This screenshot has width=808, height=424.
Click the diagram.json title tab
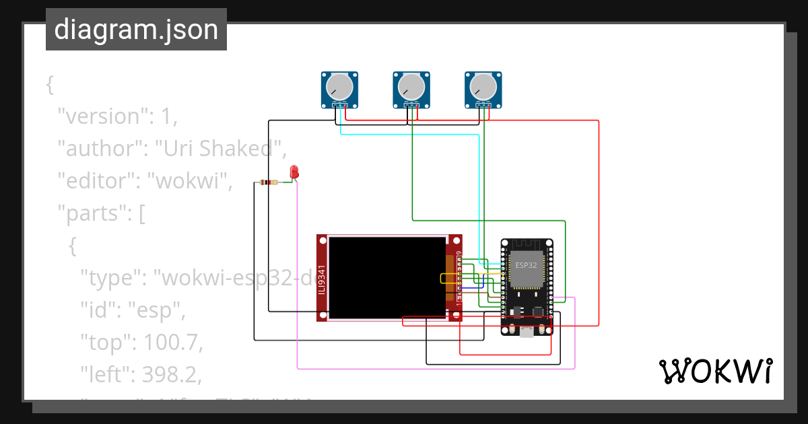(x=136, y=30)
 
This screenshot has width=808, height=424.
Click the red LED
(x=294, y=172)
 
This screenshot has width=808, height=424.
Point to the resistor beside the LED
(x=269, y=182)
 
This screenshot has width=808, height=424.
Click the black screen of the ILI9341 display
(x=387, y=277)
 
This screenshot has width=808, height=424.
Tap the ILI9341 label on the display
(x=322, y=279)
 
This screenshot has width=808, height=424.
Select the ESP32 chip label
(x=526, y=265)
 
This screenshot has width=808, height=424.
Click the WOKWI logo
(x=714, y=371)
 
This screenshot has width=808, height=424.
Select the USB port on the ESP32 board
(x=526, y=331)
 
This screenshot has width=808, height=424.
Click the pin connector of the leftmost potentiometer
(x=339, y=105)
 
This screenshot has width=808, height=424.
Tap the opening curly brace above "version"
(x=49, y=85)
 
